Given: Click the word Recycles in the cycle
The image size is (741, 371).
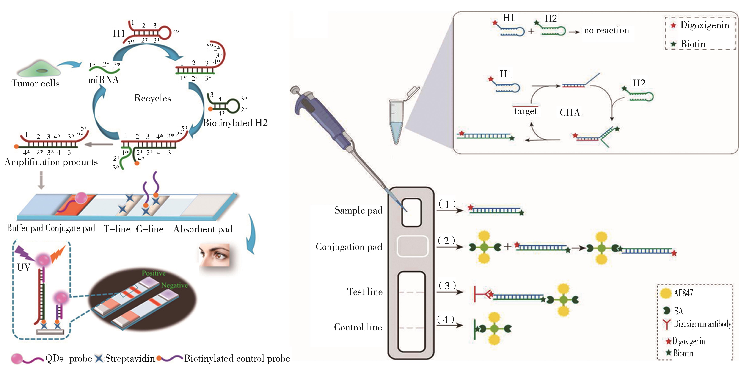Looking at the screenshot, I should tap(152, 98).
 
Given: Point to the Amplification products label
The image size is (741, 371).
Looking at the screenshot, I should tap(51, 162).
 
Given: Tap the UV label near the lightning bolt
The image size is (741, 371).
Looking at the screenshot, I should tap(24, 267).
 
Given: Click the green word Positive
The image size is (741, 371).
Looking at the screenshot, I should tap(154, 273).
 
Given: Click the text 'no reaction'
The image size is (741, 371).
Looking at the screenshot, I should tap(606, 30).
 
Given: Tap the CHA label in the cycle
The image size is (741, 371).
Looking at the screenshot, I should tap(570, 112).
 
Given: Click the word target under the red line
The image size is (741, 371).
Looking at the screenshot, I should tap(526, 111).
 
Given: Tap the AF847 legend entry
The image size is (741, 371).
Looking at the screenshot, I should tap(683, 293).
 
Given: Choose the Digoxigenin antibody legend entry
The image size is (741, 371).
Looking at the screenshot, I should tap(702, 324).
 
